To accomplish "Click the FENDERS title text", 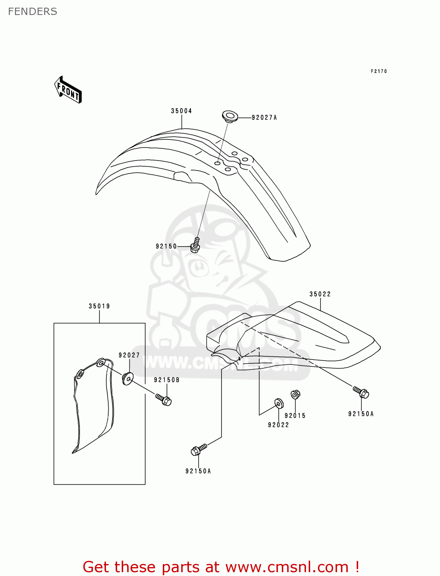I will (33, 12).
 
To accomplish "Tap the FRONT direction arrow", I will (68, 90).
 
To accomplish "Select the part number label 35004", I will (181, 111).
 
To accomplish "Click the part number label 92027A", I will (264, 118).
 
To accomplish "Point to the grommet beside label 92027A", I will (230, 116).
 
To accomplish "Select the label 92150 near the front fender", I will (166, 246).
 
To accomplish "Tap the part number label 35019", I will (99, 306).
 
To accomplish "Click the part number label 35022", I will (320, 294).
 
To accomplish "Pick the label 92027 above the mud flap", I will (129, 355).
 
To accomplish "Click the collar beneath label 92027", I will (127, 379).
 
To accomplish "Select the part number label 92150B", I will (167, 380).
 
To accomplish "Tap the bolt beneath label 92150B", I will (164, 400).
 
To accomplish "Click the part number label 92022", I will (278, 425).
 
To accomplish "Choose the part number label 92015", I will (295, 415).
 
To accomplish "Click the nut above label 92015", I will (295, 394).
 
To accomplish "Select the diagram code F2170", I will (379, 71).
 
